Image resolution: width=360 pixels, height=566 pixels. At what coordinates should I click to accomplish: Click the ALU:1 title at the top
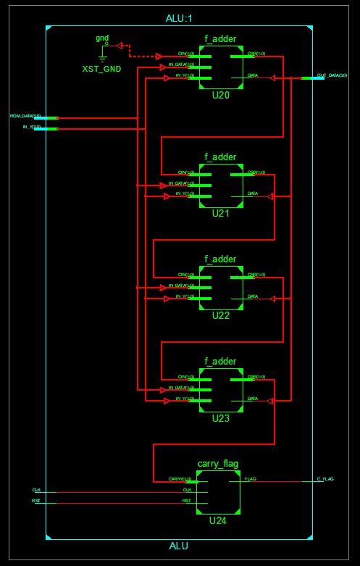[180, 17]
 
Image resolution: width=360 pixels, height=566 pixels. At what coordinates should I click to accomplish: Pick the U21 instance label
[221, 214]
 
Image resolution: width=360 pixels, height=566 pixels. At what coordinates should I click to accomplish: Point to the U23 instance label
[221, 418]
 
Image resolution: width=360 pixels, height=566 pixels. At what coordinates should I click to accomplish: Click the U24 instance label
[218, 520]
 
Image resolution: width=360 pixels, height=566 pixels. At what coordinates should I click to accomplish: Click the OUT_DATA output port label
[332, 75]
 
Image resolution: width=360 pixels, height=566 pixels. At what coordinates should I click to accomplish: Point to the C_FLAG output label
[325, 479]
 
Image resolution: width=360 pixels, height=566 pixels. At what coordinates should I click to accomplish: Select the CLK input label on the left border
[36, 490]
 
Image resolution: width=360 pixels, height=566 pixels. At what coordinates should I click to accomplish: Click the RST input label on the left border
[35, 501]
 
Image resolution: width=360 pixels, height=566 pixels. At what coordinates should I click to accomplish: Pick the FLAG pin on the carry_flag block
[250, 479]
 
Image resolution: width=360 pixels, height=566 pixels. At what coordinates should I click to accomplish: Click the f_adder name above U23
[220, 360]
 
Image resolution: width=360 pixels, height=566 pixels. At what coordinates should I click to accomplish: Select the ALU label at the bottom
[180, 546]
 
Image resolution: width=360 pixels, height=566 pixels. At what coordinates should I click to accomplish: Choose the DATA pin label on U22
[252, 296]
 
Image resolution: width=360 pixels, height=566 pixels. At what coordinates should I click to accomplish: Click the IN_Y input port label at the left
[27, 127]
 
